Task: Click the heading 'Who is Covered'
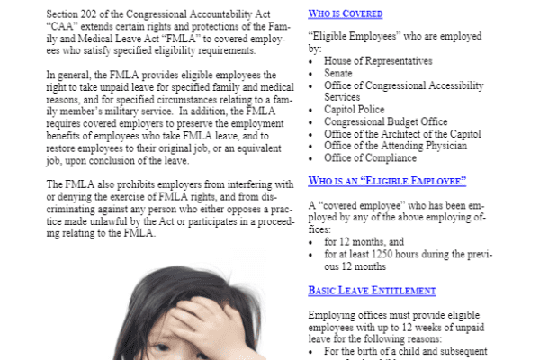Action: pos(346,14)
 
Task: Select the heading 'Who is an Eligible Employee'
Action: pos(387,181)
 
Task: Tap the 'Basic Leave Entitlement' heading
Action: pos(372,291)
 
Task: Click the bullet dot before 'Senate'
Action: pos(311,74)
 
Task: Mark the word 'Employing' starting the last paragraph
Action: pos(331,316)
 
